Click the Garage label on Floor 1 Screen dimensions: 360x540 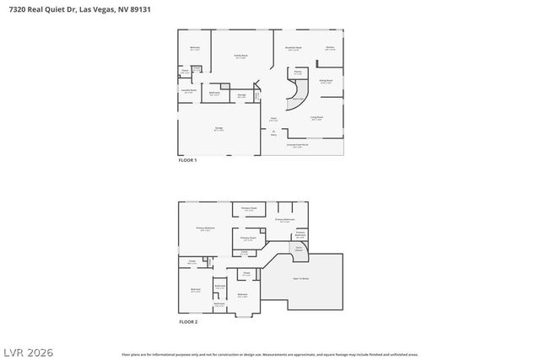[x=219, y=130]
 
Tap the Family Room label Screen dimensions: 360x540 [x=240, y=56]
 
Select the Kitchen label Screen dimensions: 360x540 [x=330, y=48]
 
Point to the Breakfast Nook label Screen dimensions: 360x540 [x=294, y=48]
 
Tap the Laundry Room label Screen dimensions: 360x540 [x=189, y=90]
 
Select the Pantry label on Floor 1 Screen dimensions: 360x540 [x=298, y=73]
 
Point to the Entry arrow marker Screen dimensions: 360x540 [x=273, y=132]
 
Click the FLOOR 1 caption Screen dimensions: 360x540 [x=187, y=160]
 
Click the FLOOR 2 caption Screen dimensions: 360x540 [x=187, y=322]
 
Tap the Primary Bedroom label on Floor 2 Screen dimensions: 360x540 [x=206, y=228]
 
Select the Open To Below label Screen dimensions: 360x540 [x=300, y=277]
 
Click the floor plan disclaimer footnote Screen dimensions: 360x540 [x=269, y=354]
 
